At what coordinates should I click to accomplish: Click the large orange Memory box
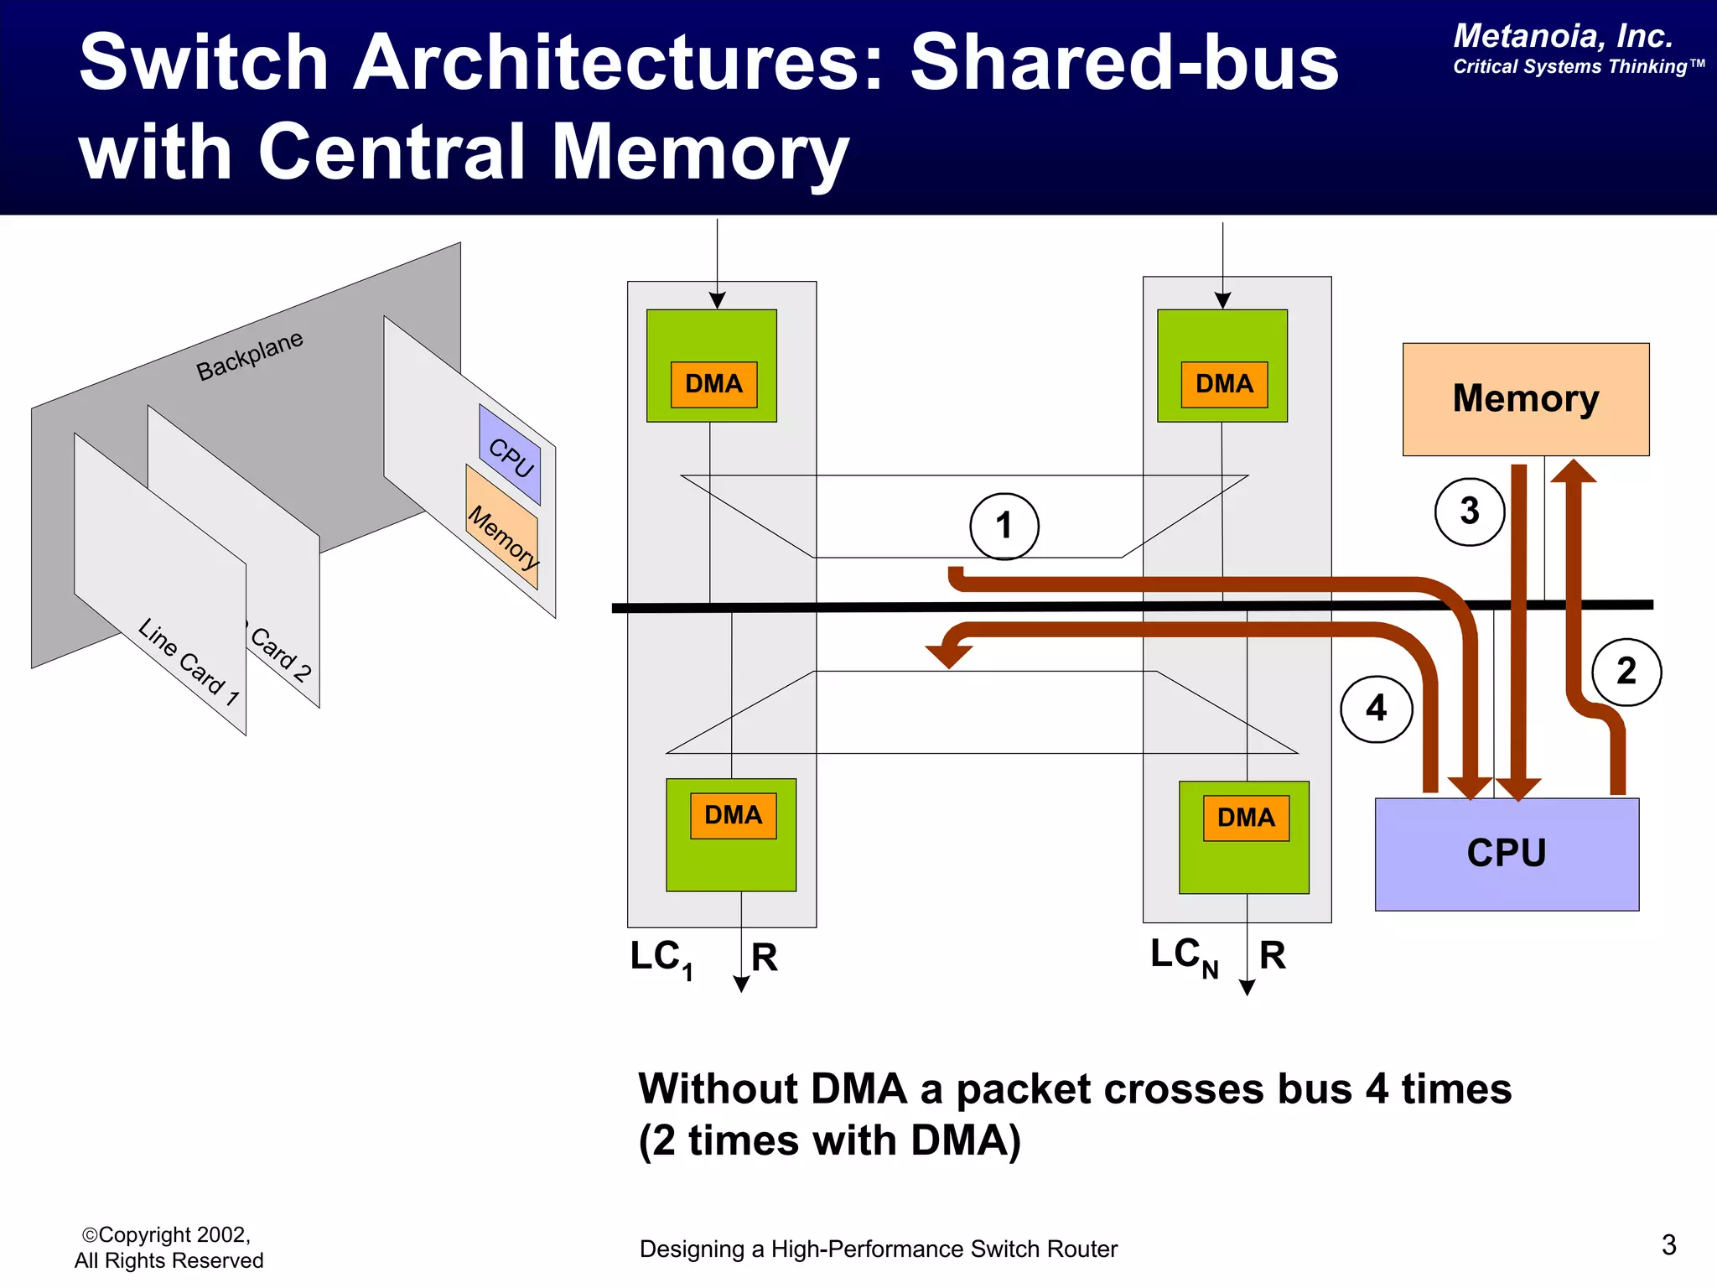coord(1525,399)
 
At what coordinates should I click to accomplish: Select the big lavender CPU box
coord(1507,854)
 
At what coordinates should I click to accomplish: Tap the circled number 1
coord(1004,526)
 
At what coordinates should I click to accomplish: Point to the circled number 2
coord(1626,672)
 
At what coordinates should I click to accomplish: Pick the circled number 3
coord(1469,512)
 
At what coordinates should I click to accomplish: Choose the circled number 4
coord(1376,709)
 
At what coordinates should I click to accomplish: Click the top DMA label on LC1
coord(713,384)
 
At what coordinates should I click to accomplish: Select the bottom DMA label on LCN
coord(1246,818)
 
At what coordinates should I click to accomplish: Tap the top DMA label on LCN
coord(1224,384)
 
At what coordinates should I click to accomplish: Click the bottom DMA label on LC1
coord(733,815)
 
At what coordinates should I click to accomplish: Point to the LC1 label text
coord(661,958)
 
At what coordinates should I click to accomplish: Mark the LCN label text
coord(1183,957)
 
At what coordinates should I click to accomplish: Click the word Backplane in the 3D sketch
coord(249,356)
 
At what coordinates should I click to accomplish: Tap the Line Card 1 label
coord(189,662)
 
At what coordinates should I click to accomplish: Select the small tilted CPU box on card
coord(511,455)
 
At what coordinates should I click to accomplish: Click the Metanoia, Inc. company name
coord(1563,36)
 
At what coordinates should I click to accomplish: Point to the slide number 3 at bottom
coord(1668,1245)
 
